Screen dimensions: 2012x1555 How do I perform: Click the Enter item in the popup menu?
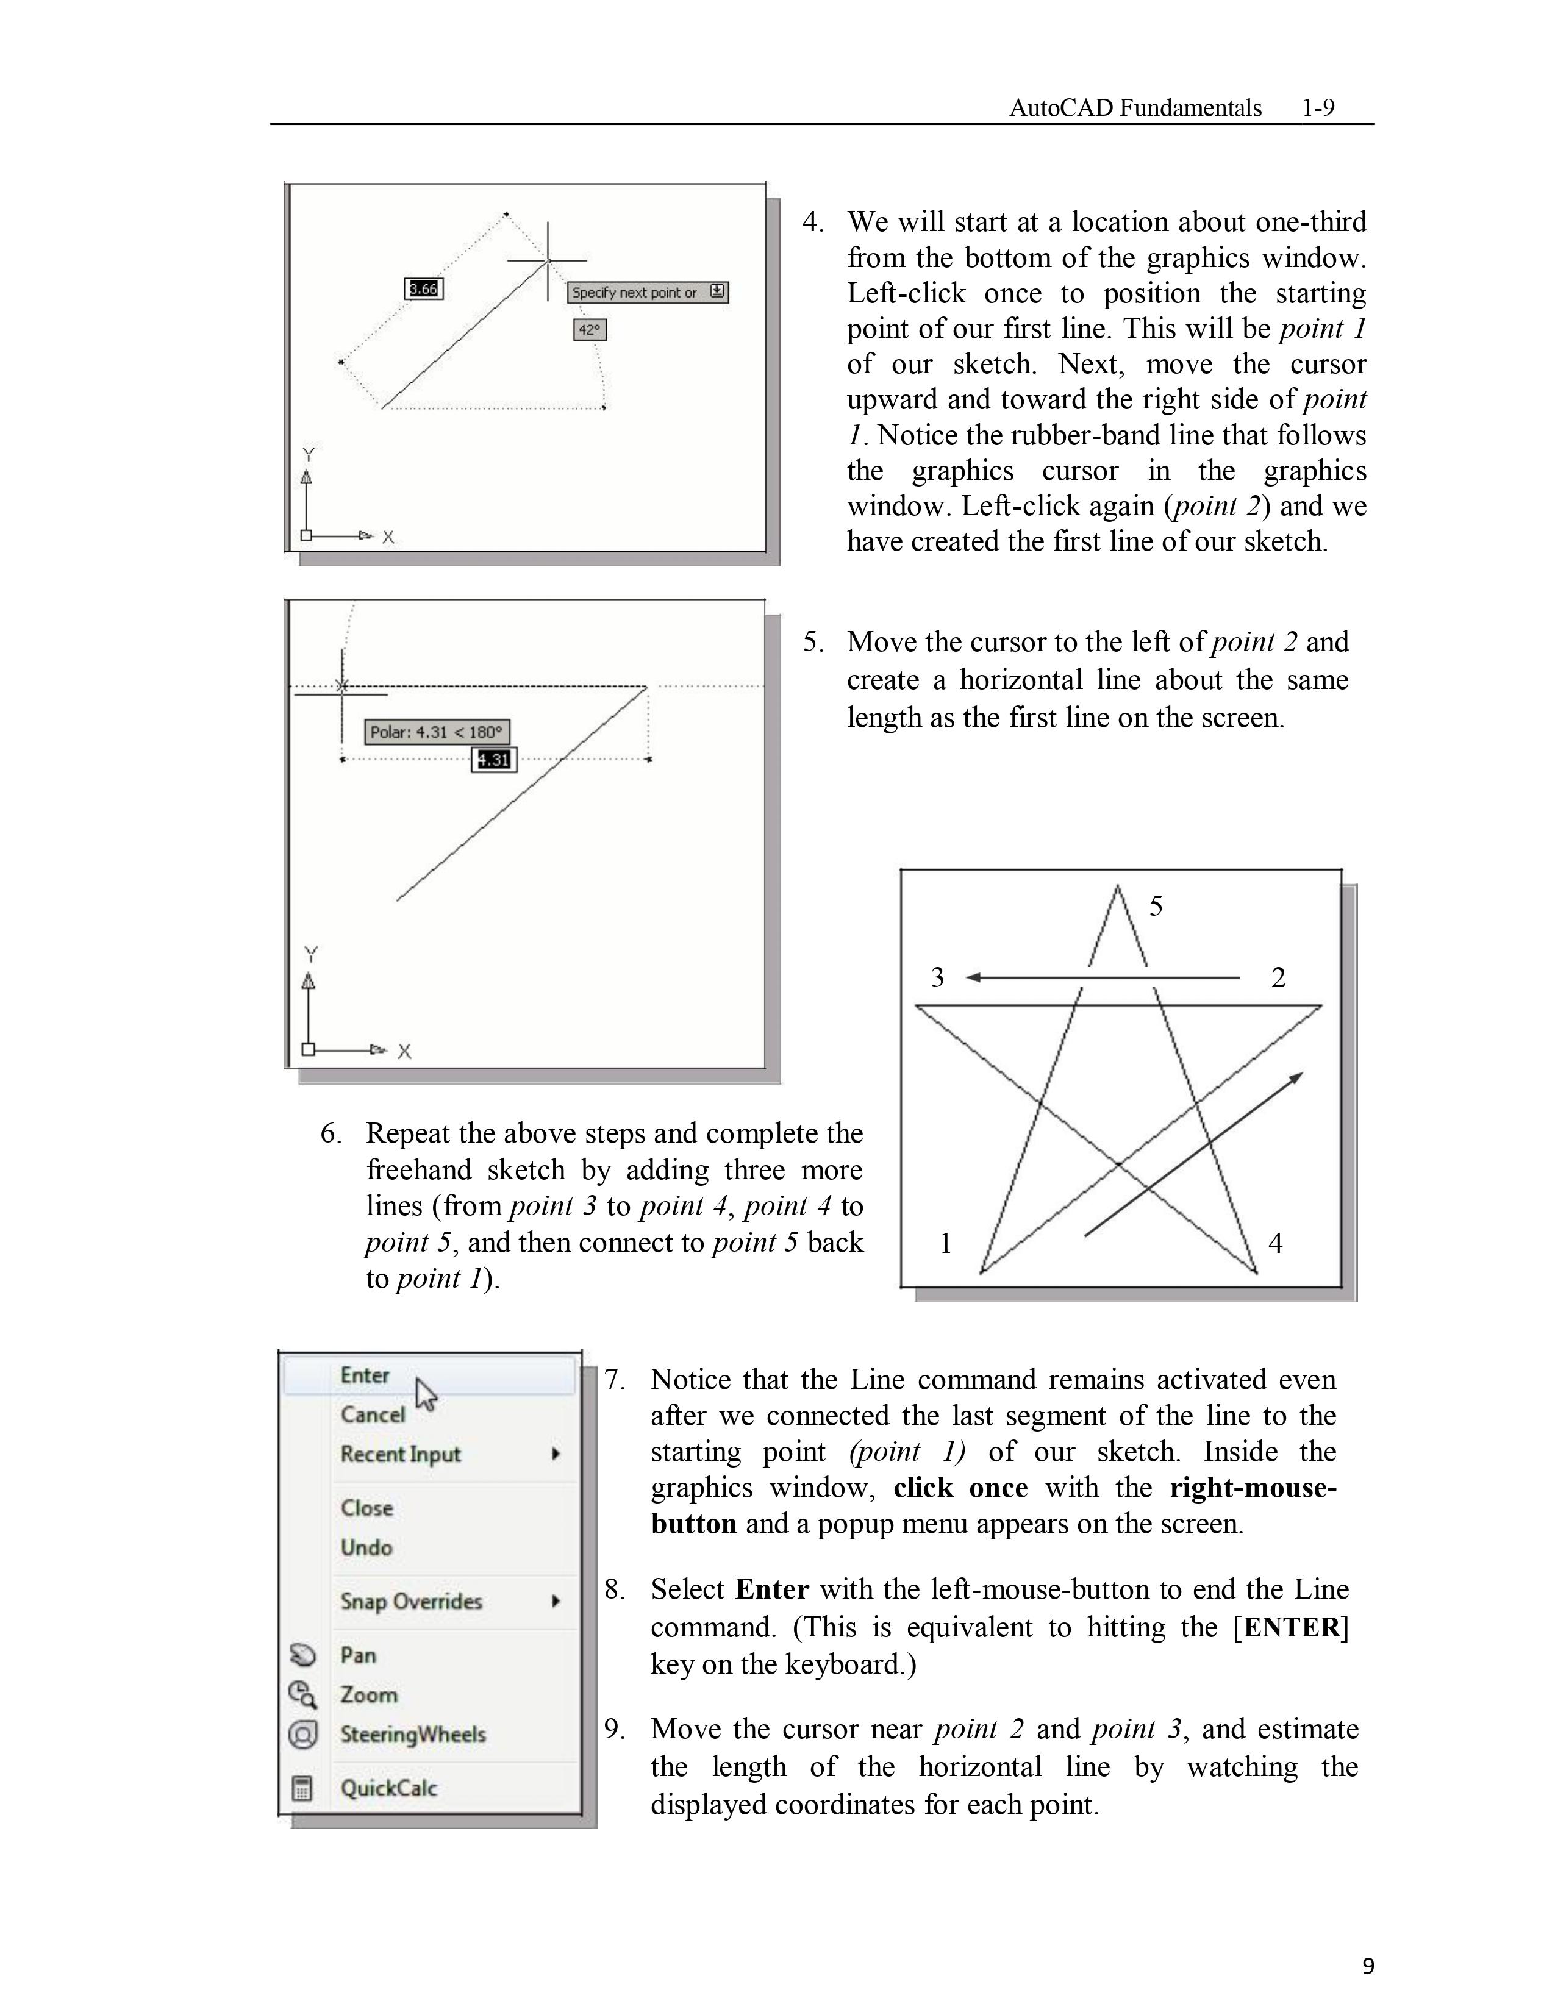tap(365, 1375)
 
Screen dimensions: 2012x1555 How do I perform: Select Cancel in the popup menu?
tap(372, 1415)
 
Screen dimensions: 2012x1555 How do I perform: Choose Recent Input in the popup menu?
tap(401, 1455)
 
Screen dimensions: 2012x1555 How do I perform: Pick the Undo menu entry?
tap(366, 1547)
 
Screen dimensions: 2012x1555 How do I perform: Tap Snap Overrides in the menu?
tap(411, 1601)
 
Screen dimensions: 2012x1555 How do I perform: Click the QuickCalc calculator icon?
tap(302, 1788)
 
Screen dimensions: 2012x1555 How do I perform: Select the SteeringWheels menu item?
tap(413, 1735)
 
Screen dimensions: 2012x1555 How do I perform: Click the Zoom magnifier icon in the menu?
tap(302, 1694)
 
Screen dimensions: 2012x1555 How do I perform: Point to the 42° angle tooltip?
tap(590, 330)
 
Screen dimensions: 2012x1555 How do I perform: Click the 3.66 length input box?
tap(424, 289)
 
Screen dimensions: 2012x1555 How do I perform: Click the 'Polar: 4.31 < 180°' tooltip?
tap(437, 732)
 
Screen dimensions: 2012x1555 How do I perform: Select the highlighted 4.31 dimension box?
tap(494, 760)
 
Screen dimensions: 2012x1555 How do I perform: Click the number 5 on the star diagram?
tap(1156, 907)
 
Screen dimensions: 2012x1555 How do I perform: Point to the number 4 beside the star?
tap(1276, 1244)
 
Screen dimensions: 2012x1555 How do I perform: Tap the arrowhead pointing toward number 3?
tap(973, 977)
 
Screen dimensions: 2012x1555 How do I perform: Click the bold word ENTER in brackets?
tap(1290, 1628)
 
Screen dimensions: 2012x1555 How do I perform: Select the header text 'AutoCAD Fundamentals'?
tap(1135, 108)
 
